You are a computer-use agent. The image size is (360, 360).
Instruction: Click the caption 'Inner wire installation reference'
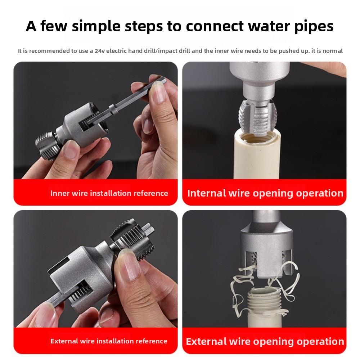[x=109, y=193]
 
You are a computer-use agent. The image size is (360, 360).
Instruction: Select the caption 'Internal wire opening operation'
[x=265, y=193]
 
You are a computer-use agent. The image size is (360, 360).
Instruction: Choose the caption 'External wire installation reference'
[x=109, y=341]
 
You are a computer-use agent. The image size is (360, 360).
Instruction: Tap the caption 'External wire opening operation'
[x=265, y=341]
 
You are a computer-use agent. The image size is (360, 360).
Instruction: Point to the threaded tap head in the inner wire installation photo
[x=45, y=144]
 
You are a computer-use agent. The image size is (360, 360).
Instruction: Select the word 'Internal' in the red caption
[x=207, y=193]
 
